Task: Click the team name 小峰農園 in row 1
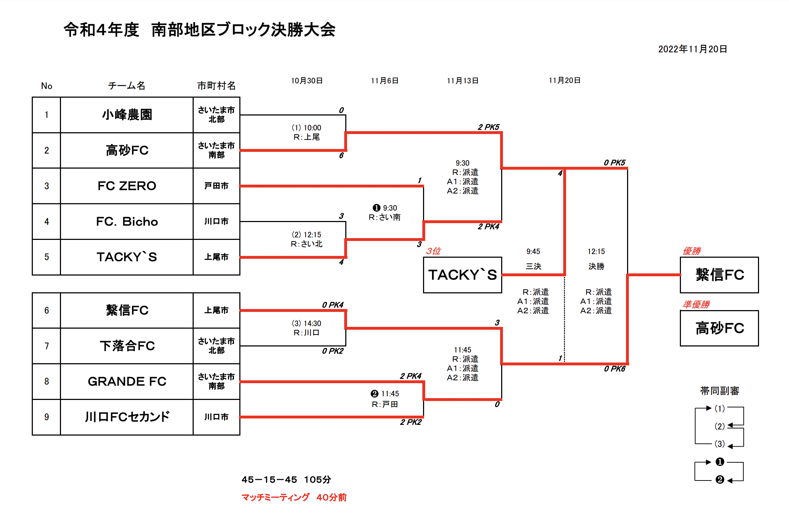[x=127, y=115]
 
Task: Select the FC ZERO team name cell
[x=127, y=186]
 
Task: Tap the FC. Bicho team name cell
[x=127, y=221]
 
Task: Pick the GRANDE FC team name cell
[x=127, y=381]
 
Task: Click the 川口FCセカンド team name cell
[x=127, y=417]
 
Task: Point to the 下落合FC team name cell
[x=127, y=346]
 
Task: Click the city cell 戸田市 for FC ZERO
[x=216, y=186]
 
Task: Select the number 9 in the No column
[x=47, y=417]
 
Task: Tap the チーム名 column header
[x=127, y=86]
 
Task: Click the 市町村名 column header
[x=216, y=86]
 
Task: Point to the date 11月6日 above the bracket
[x=385, y=81]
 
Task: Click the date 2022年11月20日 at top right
[x=692, y=49]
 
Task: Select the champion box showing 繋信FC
[x=719, y=275]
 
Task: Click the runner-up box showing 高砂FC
[x=719, y=328]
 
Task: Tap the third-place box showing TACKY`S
[x=462, y=275]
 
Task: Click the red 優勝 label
[x=692, y=251]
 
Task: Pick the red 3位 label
[x=433, y=251]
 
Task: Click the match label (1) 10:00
[x=306, y=128]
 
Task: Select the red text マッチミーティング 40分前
[x=294, y=497]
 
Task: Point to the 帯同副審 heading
[x=719, y=391]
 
